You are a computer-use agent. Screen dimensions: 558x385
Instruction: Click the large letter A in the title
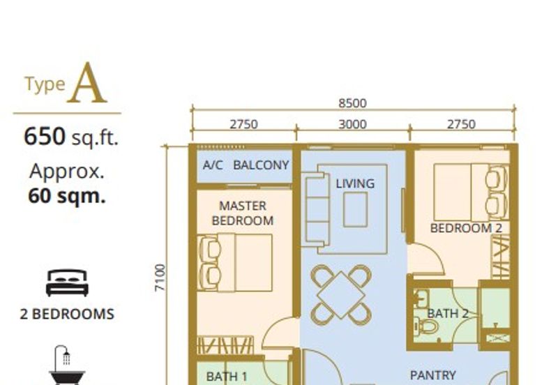(89, 83)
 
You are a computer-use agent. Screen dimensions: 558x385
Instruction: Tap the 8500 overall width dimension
(352, 103)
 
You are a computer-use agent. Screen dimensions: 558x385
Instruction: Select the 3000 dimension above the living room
(352, 124)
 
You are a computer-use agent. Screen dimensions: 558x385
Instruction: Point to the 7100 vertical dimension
(160, 278)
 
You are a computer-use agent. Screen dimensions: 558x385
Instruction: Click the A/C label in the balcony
(213, 165)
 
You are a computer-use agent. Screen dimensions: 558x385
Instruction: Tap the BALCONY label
(261, 165)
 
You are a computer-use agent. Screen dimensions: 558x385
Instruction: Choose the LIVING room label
(355, 183)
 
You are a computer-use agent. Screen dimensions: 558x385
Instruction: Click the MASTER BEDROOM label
(243, 213)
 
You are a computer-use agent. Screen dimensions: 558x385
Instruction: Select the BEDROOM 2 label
(466, 228)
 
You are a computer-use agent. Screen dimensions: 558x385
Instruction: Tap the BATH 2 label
(448, 313)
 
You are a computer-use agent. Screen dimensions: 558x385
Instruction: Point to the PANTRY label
(432, 375)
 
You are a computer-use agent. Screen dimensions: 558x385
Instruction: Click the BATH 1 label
(227, 377)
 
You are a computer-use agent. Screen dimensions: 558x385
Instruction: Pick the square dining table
(341, 295)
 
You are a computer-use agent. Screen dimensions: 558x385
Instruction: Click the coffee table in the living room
(356, 209)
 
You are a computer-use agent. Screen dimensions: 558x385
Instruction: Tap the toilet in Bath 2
(425, 326)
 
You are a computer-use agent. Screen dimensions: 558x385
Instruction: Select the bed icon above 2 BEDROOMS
(67, 283)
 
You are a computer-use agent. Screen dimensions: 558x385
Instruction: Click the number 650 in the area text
(45, 136)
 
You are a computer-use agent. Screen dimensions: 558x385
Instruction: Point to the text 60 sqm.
(67, 196)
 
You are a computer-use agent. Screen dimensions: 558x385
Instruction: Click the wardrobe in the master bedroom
(225, 345)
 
